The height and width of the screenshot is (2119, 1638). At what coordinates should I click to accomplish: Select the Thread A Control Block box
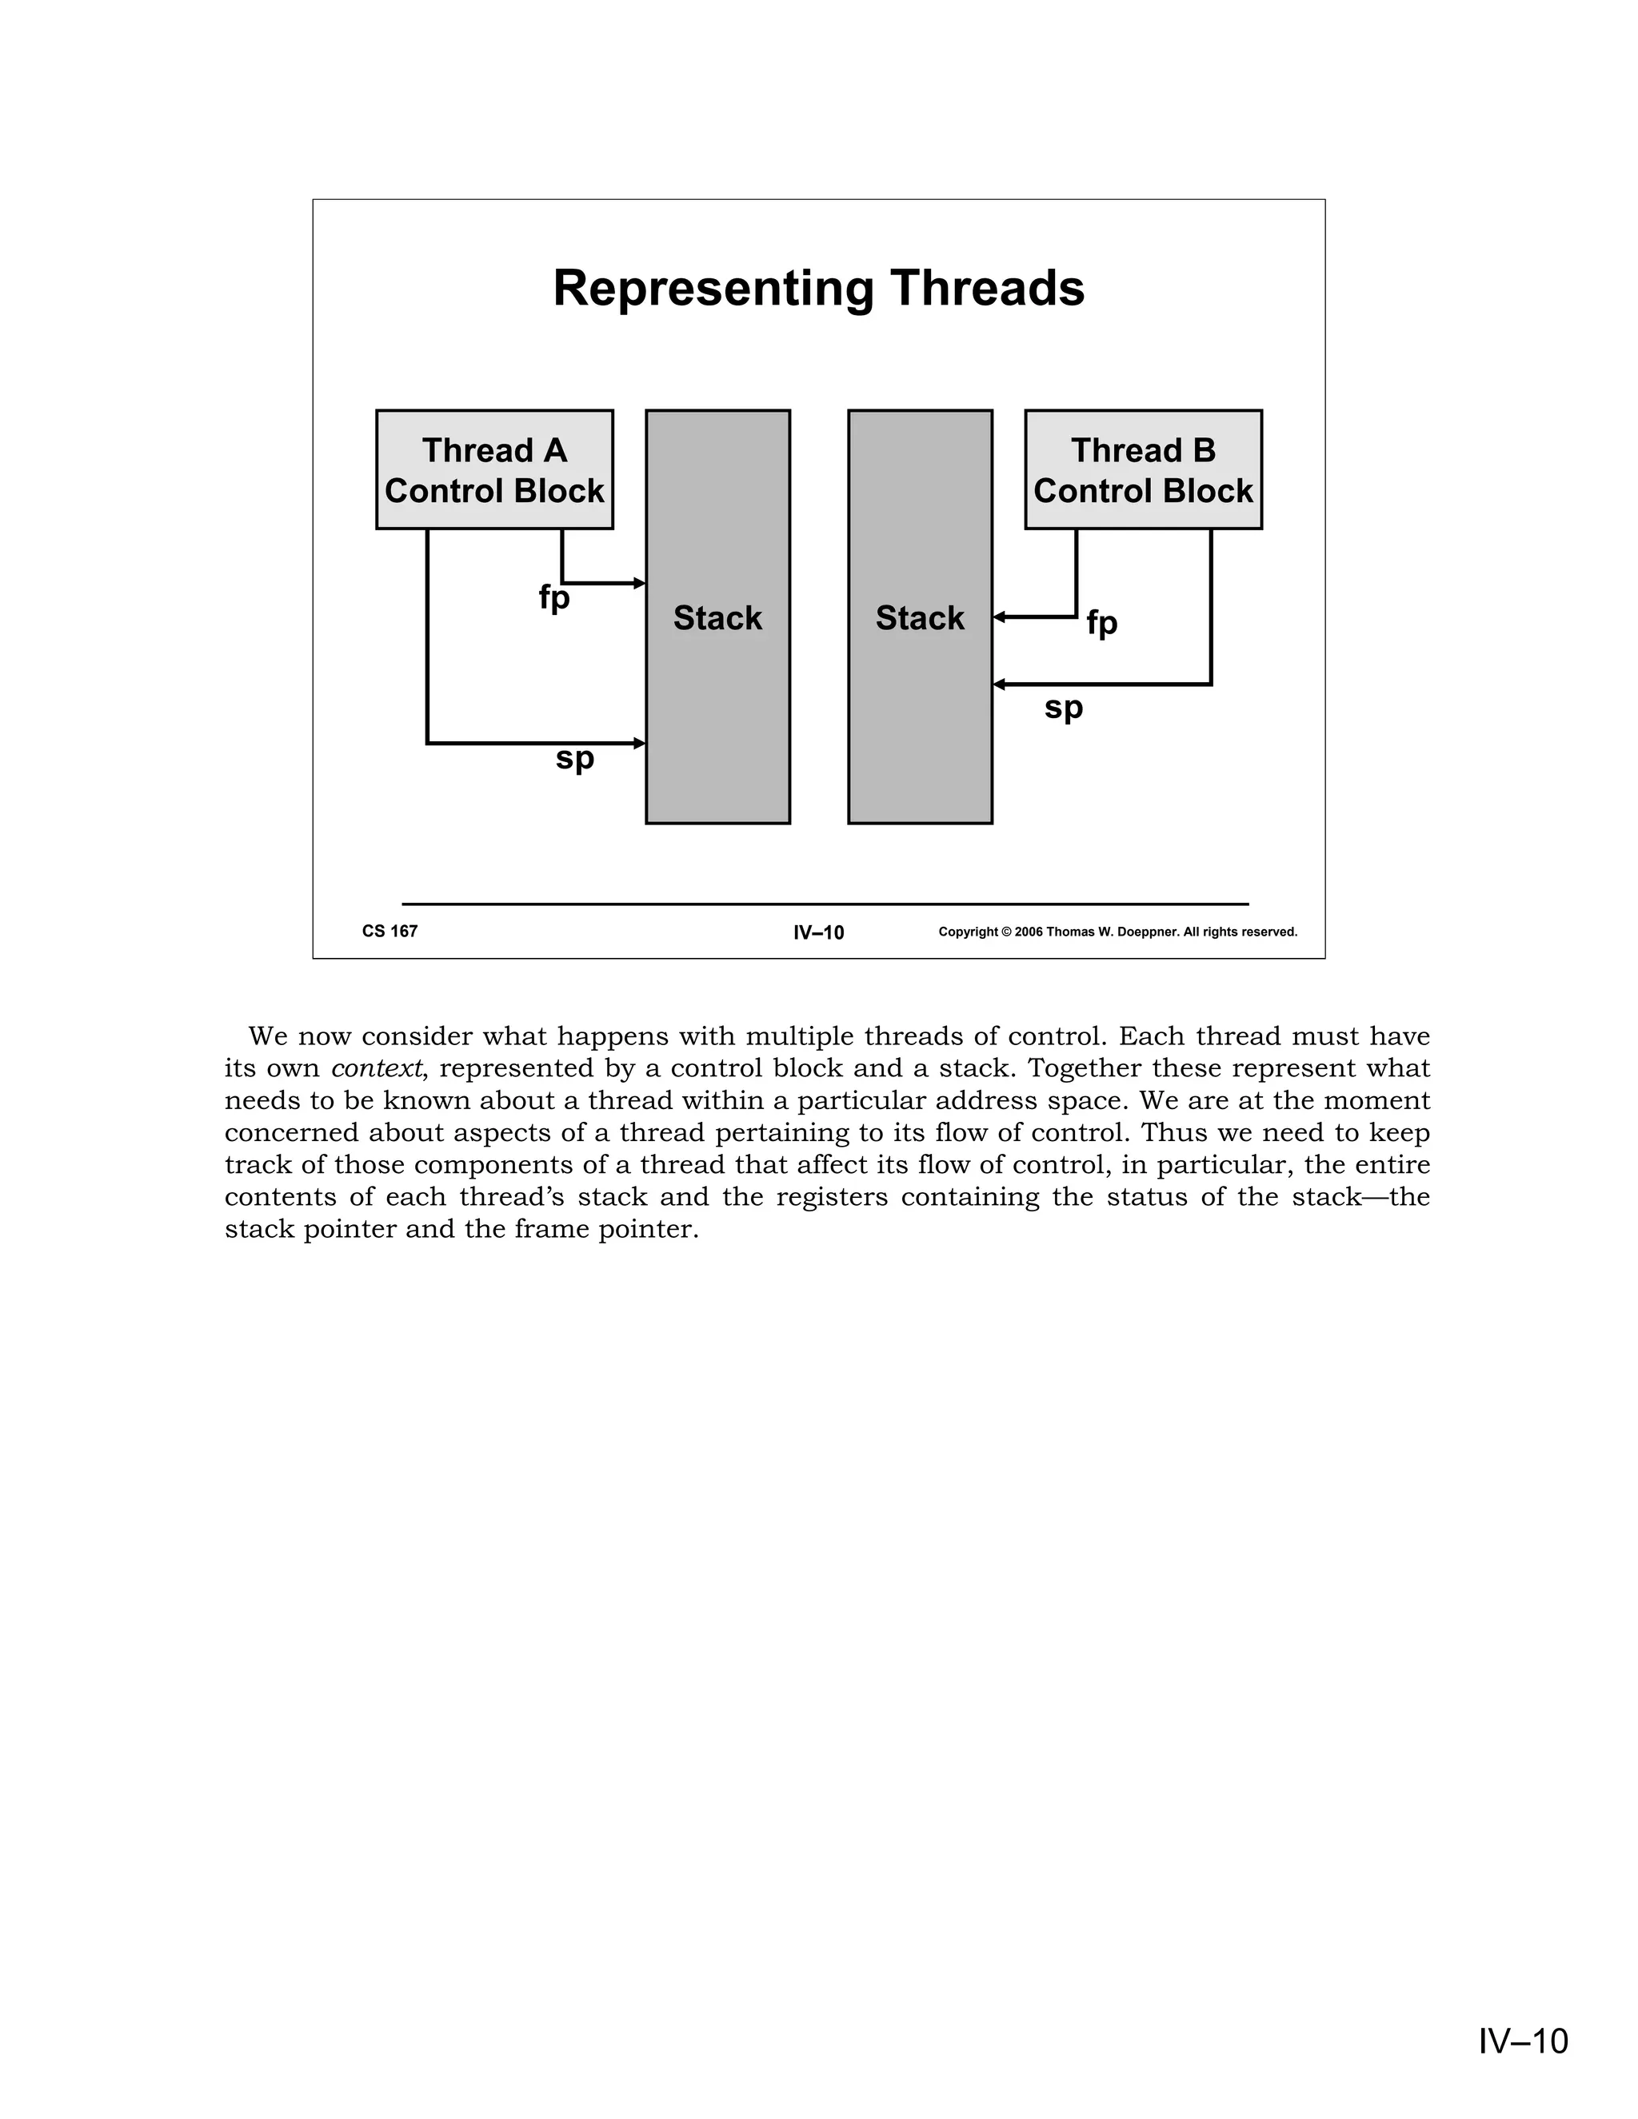(494, 469)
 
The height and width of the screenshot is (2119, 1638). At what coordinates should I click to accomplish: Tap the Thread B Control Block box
(1143, 469)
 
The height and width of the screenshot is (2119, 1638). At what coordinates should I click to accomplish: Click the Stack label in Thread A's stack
(717, 618)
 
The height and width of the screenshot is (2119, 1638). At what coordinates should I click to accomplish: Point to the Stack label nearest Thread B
(919, 618)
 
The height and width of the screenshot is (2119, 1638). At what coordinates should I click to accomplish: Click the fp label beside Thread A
(554, 597)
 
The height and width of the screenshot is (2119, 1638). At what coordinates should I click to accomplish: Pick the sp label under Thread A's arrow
(574, 758)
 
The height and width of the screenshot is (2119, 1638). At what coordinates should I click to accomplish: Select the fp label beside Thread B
(1101, 623)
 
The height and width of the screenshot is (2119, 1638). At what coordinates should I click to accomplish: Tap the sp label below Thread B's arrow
(1064, 708)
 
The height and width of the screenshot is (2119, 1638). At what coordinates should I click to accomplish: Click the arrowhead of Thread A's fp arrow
(640, 583)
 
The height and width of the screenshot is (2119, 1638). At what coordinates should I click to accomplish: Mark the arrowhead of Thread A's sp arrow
(640, 743)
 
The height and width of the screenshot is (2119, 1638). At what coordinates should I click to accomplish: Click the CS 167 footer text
(390, 932)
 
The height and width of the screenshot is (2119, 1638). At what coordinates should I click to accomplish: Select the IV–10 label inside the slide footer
(818, 933)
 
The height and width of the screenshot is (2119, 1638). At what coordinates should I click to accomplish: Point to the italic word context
(377, 1069)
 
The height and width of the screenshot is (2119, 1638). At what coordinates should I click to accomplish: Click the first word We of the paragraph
(268, 1036)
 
